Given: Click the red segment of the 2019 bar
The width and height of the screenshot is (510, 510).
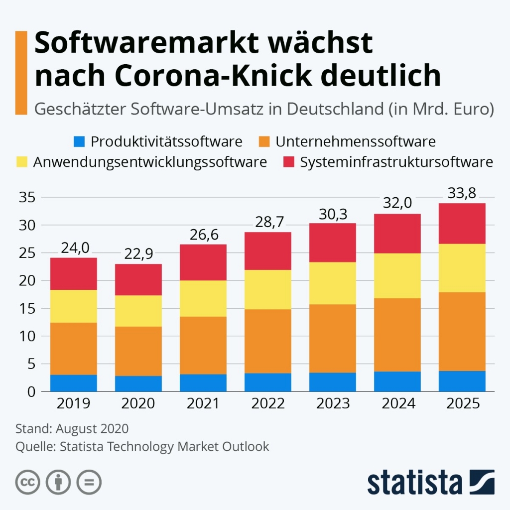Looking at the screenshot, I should coord(74,273).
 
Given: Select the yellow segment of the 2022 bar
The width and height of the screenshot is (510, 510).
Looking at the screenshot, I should coord(268,289).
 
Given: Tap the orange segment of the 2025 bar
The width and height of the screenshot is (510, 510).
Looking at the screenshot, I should coord(462,331).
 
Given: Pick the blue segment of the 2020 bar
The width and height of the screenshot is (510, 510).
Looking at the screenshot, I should coord(138,383).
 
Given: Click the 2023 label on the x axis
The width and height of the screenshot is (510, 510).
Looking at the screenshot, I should coord(333,403).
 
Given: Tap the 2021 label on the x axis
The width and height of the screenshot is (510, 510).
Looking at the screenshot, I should coord(203,403).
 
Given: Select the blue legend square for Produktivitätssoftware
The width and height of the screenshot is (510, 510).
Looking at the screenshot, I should coord(78,142).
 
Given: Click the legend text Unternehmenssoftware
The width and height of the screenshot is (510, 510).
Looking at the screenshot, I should coord(355,142).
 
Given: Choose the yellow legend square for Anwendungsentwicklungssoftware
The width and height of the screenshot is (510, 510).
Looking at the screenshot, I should coord(22,162).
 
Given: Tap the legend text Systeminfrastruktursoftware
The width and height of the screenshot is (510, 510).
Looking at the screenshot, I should coord(396,162).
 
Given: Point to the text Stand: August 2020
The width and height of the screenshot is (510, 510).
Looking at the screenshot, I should coord(72,429).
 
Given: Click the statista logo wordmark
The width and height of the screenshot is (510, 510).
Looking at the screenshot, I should coord(414,483).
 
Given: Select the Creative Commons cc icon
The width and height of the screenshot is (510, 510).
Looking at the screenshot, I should coord(28,482).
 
